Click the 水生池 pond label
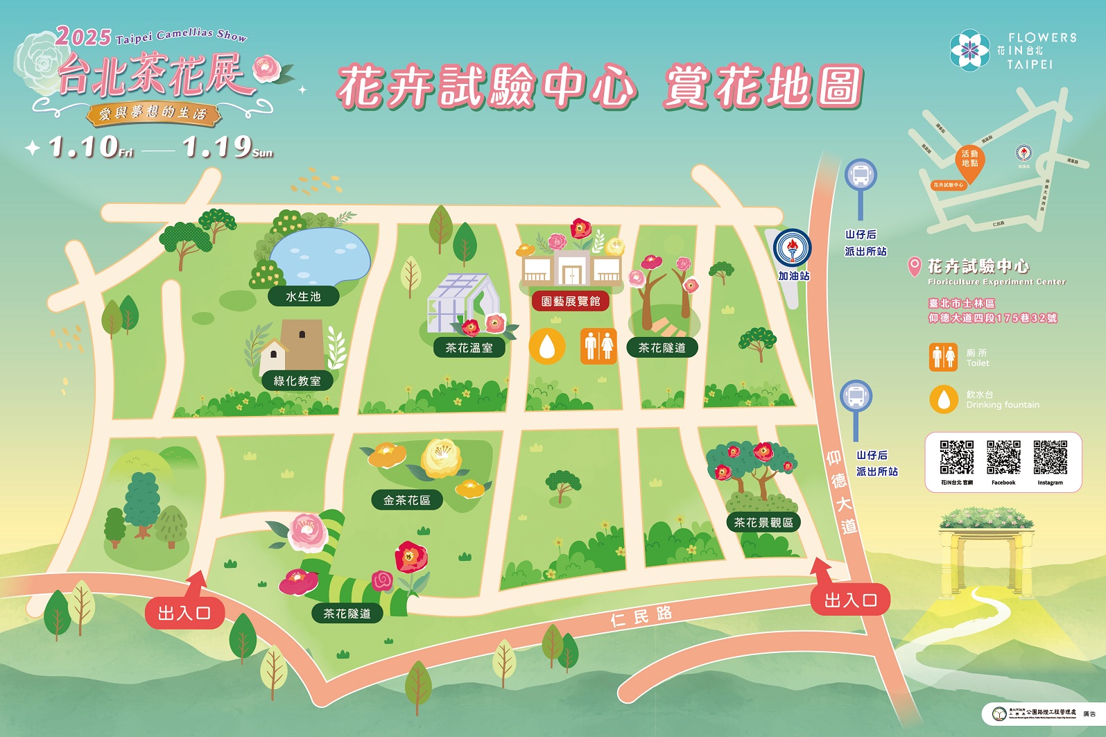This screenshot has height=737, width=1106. pyautogui.click(x=303, y=297)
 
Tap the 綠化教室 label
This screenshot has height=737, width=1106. pyautogui.click(x=297, y=381)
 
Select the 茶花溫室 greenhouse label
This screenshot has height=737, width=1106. pyautogui.click(x=469, y=347)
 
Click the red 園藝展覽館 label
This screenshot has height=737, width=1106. pyautogui.click(x=571, y=301)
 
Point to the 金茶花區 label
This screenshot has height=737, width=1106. pyautogui.click(x=407, y=500)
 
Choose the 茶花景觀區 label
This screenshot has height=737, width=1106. pyautogui.click(x=763, y=522)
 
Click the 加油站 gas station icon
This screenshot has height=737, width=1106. pyautogui.click(x=793, y=248)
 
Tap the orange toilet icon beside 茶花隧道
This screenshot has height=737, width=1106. pyautogui.click(x=598, y=345)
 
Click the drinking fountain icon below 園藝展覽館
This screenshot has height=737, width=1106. pyautogui.click(x=547, y=345)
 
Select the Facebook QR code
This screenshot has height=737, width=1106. pyautogui.click(x=1003, y=457)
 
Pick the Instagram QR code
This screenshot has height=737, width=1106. pyautogui.click(x=1050, y=457)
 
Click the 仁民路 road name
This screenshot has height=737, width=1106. pyautogui.click(x=641, y=616)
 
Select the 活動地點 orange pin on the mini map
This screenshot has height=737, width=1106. pyautogui.click(x=969, y=164)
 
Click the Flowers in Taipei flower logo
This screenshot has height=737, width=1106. pyautogui.click(x=970, y=50)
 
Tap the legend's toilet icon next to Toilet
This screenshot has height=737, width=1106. pyautogui.click(x=944, y=357)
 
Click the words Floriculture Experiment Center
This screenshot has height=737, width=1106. pyautogui.click(x=996, y=282)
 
